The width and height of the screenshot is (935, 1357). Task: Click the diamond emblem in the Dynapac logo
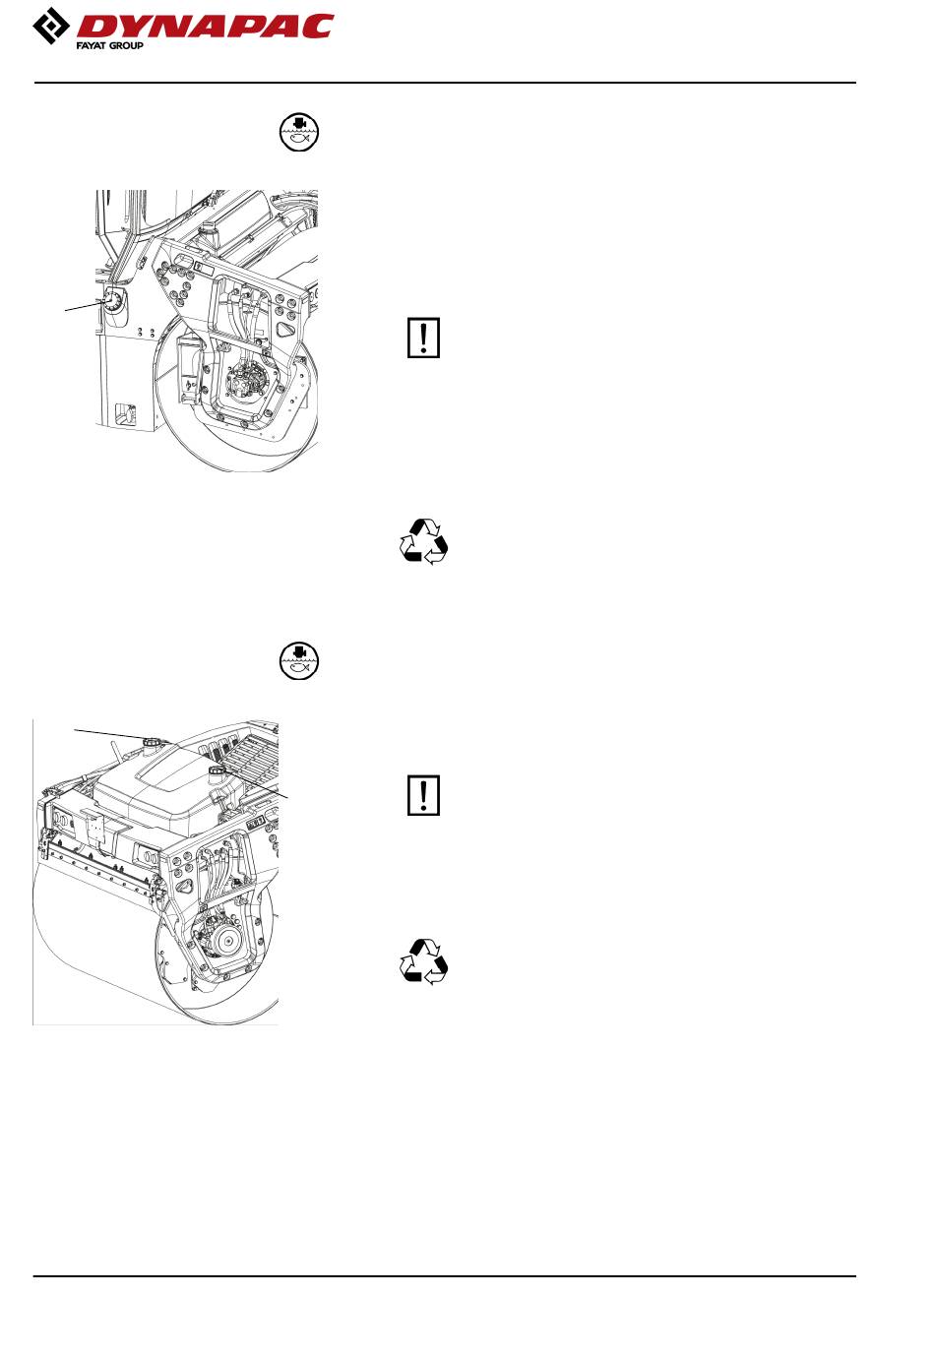pyautogui.click(x=51, y=26)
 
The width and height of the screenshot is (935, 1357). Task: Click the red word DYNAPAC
pyautogui.click(x=205, y=27)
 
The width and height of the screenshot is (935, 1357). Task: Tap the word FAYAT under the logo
pyautogui.click(x=91, y=45)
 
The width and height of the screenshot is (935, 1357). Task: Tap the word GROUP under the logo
pyautogui.click(x=126, y=45)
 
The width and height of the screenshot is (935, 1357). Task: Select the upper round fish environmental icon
pyautogui.click(x=299, y=132)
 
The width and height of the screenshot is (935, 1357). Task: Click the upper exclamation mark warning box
pyautogui.click(x=423, y=337)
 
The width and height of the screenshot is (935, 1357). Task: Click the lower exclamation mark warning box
pyautogui.click(x=423, y=794)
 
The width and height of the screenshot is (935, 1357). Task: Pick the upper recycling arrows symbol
pyautogui.click(x=423, y=541)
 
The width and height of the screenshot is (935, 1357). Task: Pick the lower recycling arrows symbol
pyautogui.click(x=423, y=961)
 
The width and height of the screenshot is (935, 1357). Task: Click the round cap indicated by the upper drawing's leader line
pyautogui.click(x=113, y=300)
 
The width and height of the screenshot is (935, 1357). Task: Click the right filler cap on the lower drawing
pyautogui.click(x=217, y=771)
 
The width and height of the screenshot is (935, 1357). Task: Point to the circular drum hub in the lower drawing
pyautogui.click(x=228, y=940)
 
